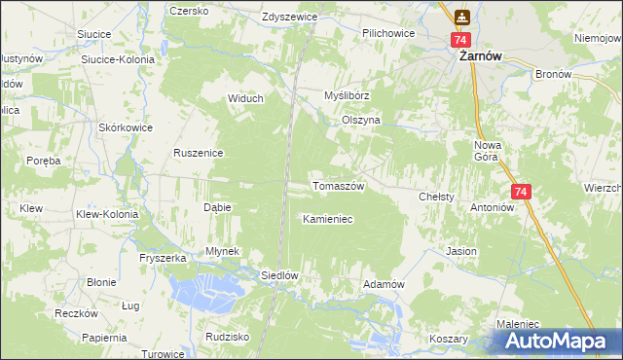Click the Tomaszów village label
338,186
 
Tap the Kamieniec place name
327,219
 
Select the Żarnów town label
480,56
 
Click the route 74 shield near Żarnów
461,40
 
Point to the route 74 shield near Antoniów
520,193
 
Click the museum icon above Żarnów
461,17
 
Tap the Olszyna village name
360,120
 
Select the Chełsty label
437,197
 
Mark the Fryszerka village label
163,258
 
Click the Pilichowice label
388,33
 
